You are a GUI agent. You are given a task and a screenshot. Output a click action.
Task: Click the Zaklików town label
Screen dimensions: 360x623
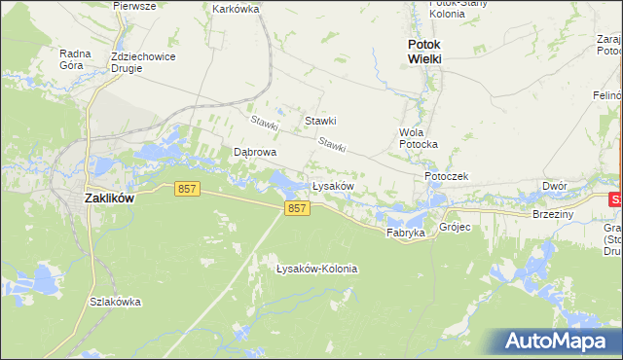109,197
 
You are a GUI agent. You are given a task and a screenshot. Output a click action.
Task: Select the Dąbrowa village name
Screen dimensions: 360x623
256,153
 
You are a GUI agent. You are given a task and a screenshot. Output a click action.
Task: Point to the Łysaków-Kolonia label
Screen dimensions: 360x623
316,269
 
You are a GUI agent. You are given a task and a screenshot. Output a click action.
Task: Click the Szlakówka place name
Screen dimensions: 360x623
114,302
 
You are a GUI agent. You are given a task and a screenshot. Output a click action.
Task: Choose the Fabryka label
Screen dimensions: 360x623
405,234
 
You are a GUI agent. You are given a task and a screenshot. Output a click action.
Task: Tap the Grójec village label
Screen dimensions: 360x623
455,228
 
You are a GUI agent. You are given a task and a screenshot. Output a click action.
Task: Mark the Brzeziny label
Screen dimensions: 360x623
553,214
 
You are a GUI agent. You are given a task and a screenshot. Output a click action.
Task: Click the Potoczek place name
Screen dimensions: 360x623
447,176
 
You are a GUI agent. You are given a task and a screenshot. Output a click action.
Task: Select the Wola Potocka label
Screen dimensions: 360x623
419,138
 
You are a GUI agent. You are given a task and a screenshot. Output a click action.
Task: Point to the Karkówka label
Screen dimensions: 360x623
236,9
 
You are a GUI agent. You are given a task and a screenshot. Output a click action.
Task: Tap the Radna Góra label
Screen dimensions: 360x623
75,60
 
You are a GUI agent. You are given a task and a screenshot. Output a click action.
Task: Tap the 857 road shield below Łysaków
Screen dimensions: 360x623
298,209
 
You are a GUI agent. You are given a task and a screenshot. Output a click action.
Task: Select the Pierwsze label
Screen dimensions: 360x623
134,6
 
